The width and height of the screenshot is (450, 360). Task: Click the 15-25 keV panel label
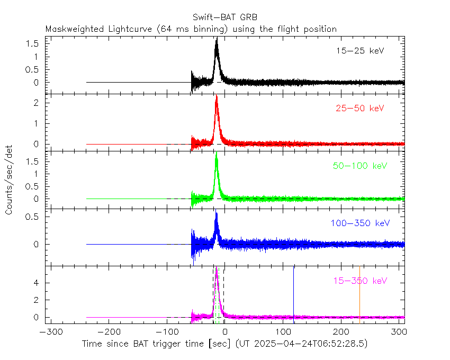359,51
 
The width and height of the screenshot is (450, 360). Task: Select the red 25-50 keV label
359,109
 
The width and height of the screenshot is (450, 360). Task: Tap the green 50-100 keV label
360,166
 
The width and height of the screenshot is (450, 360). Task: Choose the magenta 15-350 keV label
359,280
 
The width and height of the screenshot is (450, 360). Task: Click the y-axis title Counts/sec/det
10,182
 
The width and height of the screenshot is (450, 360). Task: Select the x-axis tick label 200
341,332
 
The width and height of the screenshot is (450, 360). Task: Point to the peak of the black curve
217,39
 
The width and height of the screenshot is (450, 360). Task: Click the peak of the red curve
217,96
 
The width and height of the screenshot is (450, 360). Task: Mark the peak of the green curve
217,154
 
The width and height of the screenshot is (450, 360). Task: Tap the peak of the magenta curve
217,268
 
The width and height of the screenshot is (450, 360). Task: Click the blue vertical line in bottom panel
293,294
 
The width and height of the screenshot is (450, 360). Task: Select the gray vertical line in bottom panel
359,294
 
